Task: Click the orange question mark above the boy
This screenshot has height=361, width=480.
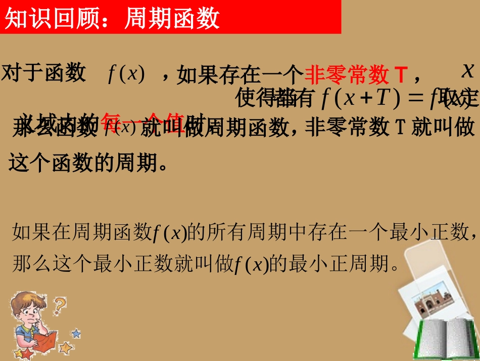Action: (60, 305)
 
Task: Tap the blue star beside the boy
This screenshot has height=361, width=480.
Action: (76, 333)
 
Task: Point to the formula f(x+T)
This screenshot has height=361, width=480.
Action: (358, 98)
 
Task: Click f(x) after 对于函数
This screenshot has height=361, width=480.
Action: (126, 75)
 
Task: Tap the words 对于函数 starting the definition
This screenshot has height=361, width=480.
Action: (44, 73)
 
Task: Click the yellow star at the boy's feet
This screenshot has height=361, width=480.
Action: (65, 348)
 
